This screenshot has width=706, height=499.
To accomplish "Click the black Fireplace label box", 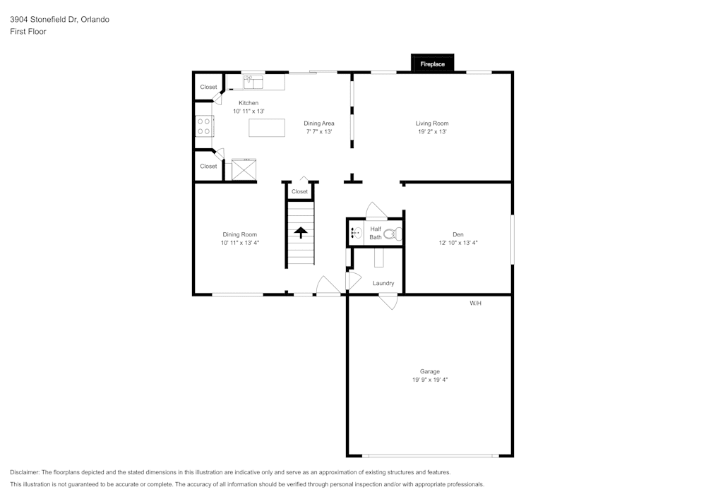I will pos(433,64).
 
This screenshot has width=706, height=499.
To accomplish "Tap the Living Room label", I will pos(432,124).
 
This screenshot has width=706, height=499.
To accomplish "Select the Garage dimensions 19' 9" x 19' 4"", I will pos(430,380).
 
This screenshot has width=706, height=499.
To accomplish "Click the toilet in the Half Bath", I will pos(393,233).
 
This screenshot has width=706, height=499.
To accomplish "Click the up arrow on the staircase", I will pos(301,233).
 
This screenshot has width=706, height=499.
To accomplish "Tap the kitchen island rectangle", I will pos(267,128).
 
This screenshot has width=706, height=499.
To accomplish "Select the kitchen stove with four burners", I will pos(204,126).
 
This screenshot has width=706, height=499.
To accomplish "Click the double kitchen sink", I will pos(253,83).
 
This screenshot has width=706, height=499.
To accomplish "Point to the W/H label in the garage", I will pos(475,303).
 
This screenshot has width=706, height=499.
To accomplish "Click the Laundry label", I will pos(383,284).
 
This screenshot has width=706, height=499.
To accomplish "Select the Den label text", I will pos(458,234).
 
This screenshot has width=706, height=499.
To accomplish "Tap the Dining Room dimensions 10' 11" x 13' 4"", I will pos(239,243).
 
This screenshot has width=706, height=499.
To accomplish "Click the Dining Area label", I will pos(319,124).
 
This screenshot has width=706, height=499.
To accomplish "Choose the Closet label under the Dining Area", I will pos(299,191).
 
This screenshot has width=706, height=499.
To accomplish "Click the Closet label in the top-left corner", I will pos(208,88).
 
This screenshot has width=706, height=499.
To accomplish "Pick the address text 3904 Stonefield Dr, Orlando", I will pos(59,20).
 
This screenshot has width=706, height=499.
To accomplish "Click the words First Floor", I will pos(28,32).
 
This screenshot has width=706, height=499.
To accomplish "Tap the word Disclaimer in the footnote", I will pos(25,472).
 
